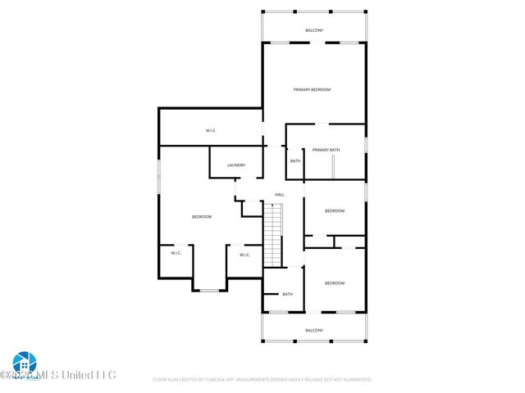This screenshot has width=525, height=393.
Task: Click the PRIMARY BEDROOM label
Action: [x=313, y=89]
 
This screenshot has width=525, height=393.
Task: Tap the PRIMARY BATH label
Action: [x=326, y=150]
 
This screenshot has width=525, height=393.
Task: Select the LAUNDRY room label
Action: [x=236, y=165]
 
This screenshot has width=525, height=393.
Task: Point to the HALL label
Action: [x=280, y=194]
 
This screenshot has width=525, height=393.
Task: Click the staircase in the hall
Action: [x=272, y=233]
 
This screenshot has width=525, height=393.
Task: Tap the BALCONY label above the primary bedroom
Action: [x=314, y=30]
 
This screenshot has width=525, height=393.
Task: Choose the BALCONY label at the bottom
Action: [x=314, y=330]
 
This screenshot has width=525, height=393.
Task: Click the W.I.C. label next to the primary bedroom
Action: [x=211, y=131]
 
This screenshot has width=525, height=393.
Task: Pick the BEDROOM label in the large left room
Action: [x=202, y=216]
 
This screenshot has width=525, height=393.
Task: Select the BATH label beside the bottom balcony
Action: [x=288, y=294]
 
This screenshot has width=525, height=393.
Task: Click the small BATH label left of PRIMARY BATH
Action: [x=295, y=160]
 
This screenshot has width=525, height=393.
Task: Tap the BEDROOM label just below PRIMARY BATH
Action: [x=335, y=211]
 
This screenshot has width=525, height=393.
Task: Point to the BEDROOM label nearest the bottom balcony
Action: [x=335, y=283]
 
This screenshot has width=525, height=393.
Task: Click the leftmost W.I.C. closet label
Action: [x=176, y=253]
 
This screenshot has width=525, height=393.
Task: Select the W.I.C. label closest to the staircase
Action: [x=244, y=255]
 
